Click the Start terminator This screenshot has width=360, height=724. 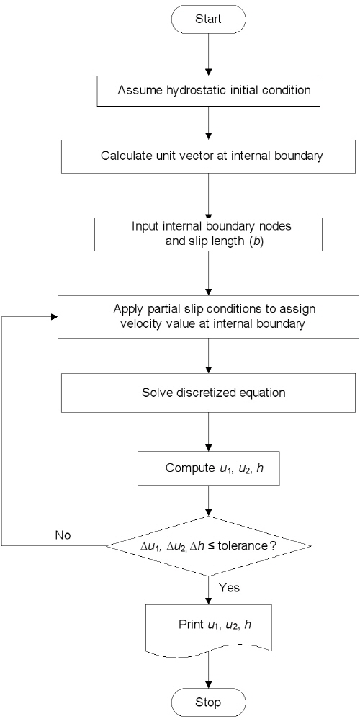[209, 19]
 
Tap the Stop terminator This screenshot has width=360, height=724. [209, 702]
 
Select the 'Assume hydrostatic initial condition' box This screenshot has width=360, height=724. [209, 90]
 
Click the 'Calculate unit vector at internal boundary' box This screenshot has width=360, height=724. [209, 156]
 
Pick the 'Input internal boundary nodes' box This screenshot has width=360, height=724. [209, 234]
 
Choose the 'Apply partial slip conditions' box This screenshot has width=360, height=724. [209, 317]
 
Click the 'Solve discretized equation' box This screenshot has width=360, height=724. [209, 393]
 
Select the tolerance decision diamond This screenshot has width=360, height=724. [209, 546]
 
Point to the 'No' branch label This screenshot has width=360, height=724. [64, 535]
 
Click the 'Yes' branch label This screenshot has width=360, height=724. [229, 588]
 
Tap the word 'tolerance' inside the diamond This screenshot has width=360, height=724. [244, 546]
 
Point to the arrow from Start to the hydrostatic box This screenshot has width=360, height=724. [209, 55]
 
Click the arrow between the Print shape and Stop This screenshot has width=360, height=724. [209, 669]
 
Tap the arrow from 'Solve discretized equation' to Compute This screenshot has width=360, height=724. [209, 432]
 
